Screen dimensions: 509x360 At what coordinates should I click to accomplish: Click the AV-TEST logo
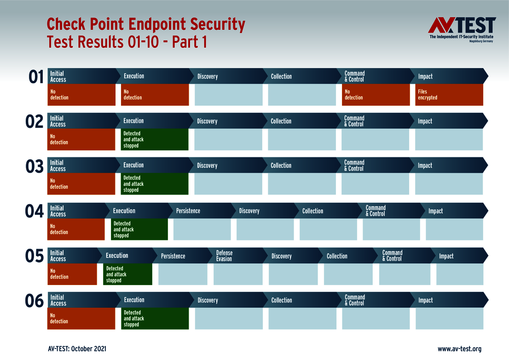(462, 29)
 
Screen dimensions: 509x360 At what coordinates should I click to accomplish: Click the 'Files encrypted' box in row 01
(449, 95)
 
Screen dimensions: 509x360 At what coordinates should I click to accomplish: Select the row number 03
(35, 166)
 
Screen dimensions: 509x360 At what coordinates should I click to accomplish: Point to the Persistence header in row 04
(201, 211)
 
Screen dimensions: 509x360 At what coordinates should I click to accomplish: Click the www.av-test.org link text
(459, 349)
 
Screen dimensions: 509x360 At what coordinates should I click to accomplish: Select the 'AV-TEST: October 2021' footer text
(77, 349)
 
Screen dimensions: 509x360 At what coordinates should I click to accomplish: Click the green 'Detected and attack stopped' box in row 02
(155, 139)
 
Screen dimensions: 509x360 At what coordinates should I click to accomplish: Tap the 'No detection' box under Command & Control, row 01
(376, 95)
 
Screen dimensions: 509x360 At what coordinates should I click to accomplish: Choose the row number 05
(35, 256)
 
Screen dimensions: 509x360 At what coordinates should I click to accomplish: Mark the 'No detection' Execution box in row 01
(155, 95)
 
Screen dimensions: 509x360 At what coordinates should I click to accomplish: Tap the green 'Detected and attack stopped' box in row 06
(155, 319)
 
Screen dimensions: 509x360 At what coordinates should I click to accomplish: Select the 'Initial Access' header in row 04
(76, 211)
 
